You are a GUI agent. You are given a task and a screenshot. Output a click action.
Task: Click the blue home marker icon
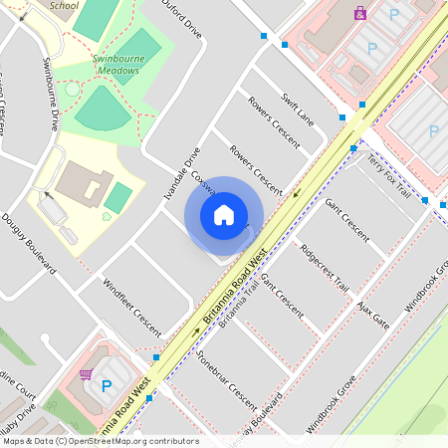click(224, 215)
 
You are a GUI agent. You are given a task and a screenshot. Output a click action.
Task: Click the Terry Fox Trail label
click(388, 174)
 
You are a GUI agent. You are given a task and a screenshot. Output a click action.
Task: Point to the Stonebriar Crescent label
click(227, 379)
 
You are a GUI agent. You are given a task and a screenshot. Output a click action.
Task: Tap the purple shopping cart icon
click(86, 374)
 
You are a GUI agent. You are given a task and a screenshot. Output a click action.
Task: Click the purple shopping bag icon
click(359, 13)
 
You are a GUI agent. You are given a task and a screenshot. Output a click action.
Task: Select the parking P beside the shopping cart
click(106, 384)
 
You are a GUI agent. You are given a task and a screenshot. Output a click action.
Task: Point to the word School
click(64, 5)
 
